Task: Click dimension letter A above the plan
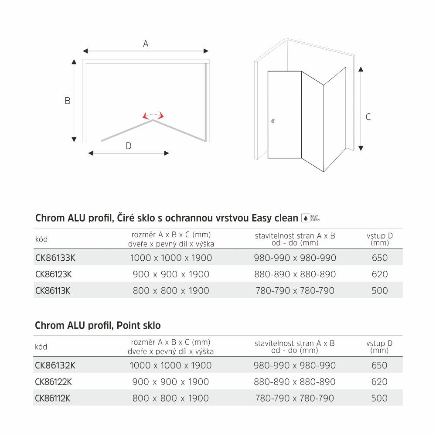pos(146,44)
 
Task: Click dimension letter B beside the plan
pos(68,101)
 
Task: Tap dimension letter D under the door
pos(128,146)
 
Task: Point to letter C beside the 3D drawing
pos(368,117)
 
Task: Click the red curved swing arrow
pos(153,115)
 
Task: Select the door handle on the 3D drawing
pos(273,121)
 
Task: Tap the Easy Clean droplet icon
pos(306,218)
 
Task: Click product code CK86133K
pos(55,258)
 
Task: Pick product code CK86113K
pos(52,291)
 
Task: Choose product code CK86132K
pos(55,365)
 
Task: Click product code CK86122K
pos(53,382)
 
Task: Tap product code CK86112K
pos(52,398)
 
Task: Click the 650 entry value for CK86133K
pos(380,258)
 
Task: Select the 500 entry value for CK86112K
pos(379,398)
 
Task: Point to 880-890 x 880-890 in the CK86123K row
pos(295,274)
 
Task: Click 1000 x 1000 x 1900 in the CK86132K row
pos(171,365)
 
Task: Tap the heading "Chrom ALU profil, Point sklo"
pos(98,325)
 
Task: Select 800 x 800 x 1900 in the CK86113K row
pos(171,291)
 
